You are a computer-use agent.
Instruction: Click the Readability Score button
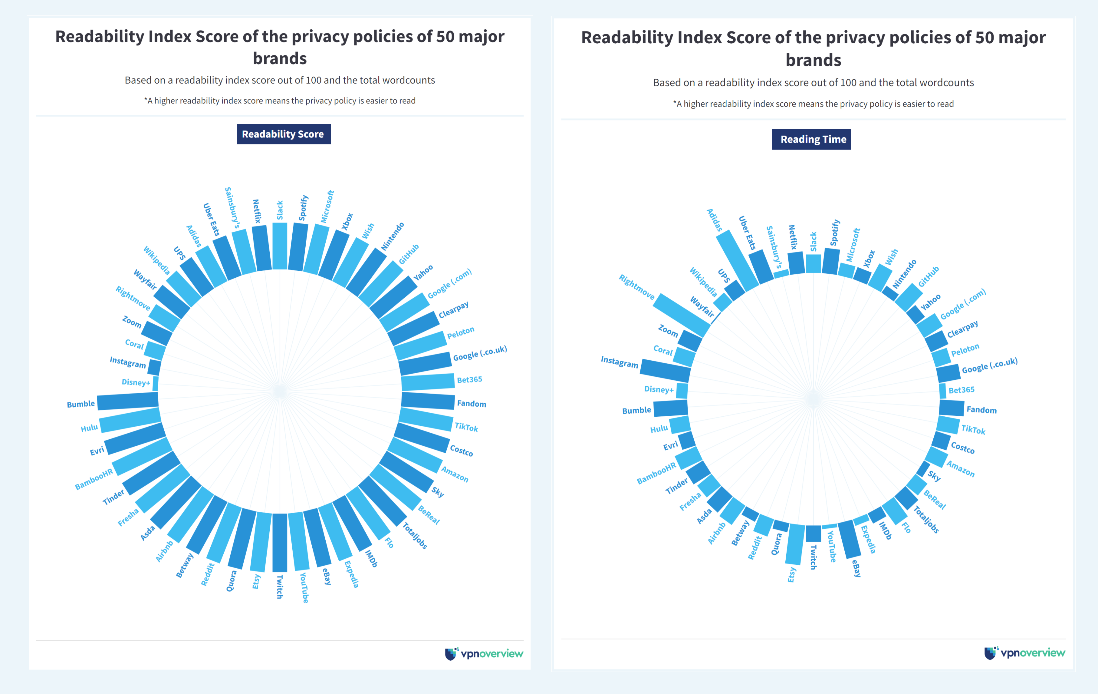283,134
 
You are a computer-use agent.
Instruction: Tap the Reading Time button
811,139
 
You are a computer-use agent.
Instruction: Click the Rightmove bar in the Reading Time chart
681,315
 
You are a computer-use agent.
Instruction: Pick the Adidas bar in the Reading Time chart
737,260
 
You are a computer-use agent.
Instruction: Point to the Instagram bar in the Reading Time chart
665,370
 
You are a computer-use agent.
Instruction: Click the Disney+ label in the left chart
135,382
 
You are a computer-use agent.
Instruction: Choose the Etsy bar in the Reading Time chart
795,544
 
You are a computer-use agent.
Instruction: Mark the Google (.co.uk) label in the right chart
989,365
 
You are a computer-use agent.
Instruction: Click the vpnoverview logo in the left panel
484,653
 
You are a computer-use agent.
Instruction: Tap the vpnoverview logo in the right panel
1024,653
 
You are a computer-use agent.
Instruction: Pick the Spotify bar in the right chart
830,261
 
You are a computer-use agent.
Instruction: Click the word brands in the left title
280,58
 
